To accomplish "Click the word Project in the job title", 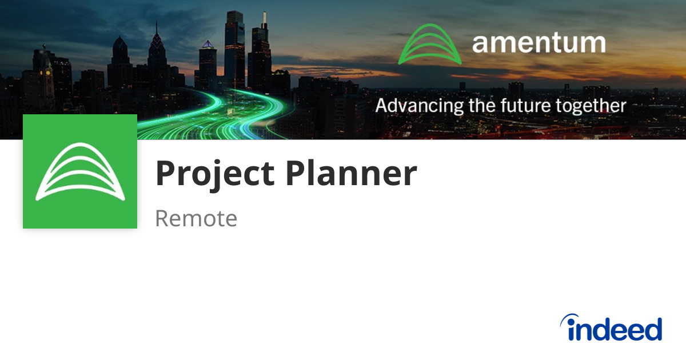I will point(215,174).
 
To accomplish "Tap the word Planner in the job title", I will point(351,174).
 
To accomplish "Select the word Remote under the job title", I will point(196,218).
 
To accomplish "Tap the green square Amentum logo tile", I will point(80,171).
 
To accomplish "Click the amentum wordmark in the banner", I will point(539,43).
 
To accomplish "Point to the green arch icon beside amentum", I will point(429,44).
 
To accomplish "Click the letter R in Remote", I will point(162,218).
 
